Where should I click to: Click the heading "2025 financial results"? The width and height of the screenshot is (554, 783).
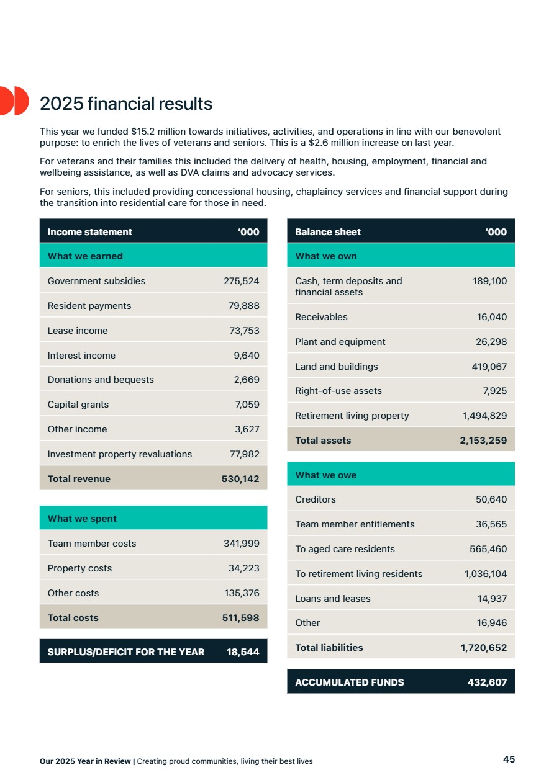(126, 104)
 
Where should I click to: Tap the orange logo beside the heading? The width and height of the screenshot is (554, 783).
(14, 101)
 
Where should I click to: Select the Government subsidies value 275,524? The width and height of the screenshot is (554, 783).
(241, 281)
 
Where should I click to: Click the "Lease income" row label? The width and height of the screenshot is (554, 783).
(78, 331)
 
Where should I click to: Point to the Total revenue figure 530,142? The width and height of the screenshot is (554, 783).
(240, 479)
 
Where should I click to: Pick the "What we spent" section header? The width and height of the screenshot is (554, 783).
(82, 519)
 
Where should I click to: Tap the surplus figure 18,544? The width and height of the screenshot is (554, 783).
(243, 651)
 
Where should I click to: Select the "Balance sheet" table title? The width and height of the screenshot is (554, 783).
(328, 232)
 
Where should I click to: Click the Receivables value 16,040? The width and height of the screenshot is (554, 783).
(492, 317)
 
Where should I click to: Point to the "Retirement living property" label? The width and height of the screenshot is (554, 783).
(352, 416)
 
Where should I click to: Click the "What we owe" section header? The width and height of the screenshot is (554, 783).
(325, 475)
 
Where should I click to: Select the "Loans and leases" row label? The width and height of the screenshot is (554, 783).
(333, 599)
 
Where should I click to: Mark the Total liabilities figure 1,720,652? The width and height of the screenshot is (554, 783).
(483, 648)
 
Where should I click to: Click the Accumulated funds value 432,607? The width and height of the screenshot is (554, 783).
(487, 682)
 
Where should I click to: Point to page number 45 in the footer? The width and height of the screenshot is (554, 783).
(509, 759)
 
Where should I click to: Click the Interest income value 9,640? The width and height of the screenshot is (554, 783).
(247, 356)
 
